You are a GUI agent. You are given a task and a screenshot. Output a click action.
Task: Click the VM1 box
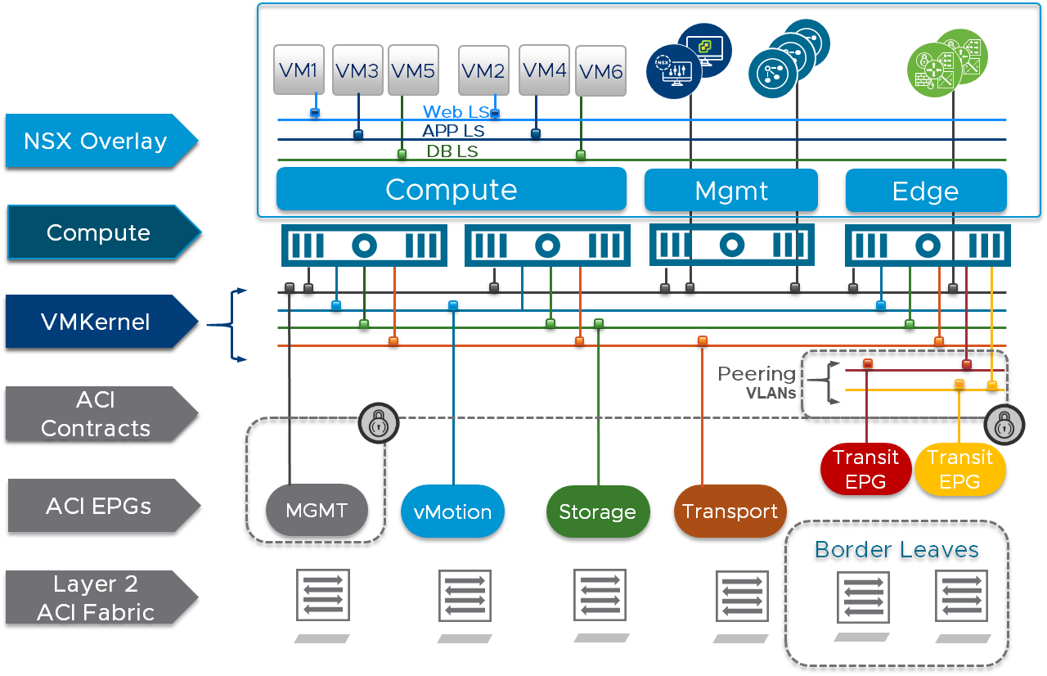(299, 70)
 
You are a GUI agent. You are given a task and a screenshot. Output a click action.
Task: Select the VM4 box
(544, 70)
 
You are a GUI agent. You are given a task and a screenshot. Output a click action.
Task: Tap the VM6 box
(600, 71)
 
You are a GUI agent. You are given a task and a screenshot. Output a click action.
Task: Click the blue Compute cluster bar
(451, 189)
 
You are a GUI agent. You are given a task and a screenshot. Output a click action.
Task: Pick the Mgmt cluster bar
(730, 191)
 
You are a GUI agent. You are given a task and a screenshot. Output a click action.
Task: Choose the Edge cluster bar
(925, 191)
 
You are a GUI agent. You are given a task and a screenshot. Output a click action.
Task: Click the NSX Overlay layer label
(96, 141)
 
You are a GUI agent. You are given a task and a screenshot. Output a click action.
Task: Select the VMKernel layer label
(96, 322)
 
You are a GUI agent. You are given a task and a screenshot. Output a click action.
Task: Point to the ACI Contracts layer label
(96, 413)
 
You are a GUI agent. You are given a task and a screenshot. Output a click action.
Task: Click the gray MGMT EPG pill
(317, 511)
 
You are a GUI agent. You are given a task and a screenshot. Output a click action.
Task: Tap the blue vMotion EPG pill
(452, 512)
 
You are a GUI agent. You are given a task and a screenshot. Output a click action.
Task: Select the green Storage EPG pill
(597, 512)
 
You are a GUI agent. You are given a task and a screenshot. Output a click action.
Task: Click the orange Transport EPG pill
(730, 512)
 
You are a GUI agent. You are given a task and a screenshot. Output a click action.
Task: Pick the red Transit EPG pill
(865, 470)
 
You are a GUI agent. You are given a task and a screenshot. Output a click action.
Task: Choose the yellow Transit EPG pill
(959, 470)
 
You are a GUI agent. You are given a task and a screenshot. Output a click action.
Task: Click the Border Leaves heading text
(896, 549)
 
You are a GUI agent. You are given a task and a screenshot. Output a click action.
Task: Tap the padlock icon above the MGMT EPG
(378, 423)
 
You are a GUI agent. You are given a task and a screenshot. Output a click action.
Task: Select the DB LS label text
(452, 151)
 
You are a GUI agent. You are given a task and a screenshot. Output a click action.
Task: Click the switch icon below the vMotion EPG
(465, 597)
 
